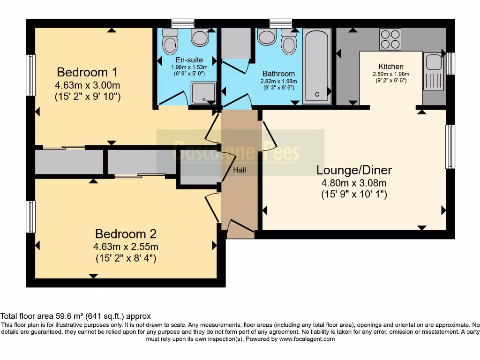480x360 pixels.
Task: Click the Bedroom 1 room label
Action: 87,72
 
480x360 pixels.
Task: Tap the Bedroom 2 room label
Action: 126,233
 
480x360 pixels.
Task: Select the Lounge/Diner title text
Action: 354,170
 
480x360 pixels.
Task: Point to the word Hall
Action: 240,170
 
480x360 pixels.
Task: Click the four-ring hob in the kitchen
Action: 390,39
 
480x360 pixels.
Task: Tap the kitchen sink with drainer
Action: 434,71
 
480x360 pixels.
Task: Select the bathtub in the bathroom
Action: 316,66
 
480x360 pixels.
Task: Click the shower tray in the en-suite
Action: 203,92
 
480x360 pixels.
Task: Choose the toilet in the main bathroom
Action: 288,43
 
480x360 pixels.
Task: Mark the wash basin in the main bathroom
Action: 267,37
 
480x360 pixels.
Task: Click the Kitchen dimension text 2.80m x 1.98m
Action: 391,74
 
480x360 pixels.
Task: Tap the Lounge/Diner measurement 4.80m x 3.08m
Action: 354,183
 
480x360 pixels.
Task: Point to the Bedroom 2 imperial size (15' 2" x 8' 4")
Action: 126,258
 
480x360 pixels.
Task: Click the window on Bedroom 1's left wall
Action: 31,75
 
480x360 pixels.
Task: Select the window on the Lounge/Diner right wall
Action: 450,146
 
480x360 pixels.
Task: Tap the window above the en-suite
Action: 183,23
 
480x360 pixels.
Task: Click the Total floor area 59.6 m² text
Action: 75,316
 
